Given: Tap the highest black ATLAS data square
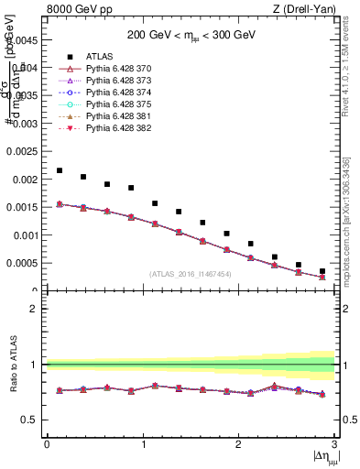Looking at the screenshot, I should coord(60,170).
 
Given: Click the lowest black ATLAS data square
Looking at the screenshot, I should coord(322,271).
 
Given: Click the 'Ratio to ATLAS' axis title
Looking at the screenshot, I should coord(13,365).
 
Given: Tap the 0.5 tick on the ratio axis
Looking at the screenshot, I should coord(32,420).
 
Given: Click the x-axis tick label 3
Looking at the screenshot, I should coord(335,444).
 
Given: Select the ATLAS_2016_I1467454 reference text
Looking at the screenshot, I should coord(191,274).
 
